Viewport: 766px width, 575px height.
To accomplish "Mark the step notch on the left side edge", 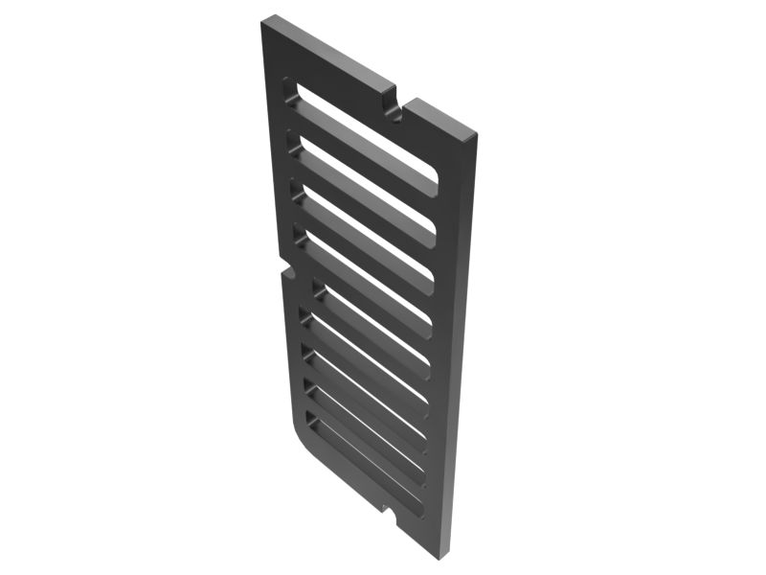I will (284, 269).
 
